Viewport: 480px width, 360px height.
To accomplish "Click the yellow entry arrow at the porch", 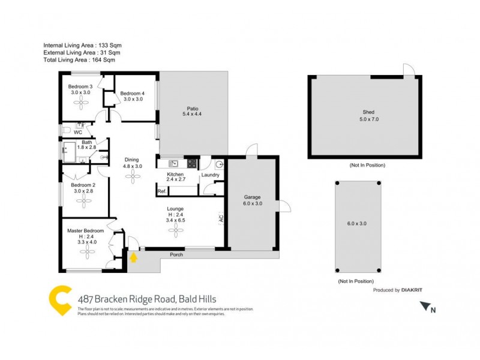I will tap(134, 257).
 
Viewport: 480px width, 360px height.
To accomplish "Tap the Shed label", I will tap(369, 112).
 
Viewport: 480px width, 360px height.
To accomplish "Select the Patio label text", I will tap(192, 108).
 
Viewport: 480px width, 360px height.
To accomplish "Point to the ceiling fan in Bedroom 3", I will tap(80, 103).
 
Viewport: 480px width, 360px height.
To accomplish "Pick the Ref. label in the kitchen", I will tap(161, 191).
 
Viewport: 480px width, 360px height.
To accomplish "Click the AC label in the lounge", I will tap(221, 219).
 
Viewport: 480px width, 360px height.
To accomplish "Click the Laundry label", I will tap(210, 175).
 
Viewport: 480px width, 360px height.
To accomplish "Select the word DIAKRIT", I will tap(412, 290).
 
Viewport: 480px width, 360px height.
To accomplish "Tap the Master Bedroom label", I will tap(85, 230).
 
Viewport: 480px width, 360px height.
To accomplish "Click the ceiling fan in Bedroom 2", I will tap(80, 201).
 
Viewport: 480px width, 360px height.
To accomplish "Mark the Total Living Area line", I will tap(79, 59).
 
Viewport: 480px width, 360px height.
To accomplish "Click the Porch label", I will tap(176, 254).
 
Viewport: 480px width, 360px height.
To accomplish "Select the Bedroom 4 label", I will tap(132, 93).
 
